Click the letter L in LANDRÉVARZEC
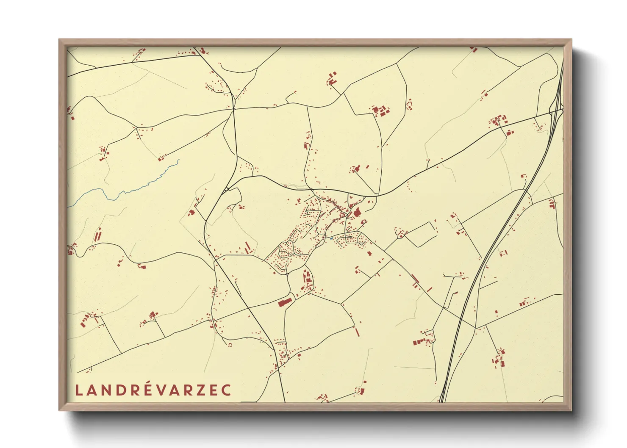coord(78,390)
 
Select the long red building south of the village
coord(285,302)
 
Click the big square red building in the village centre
coord(357,212)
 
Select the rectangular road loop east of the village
coord(419,234)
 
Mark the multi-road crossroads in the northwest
coord(233,109)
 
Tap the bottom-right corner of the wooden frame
coord(571,410)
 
